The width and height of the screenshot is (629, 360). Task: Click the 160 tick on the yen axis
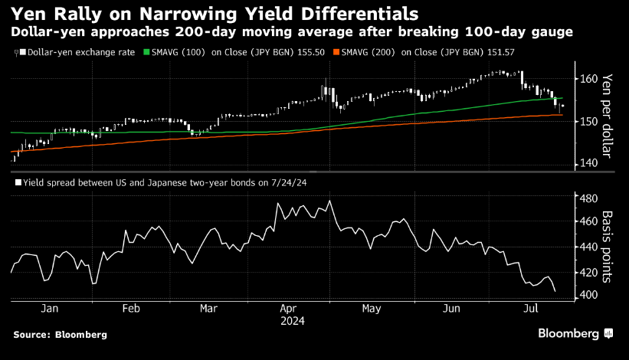click(x=588, y=78)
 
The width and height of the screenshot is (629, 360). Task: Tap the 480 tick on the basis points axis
click(x=588, y=198)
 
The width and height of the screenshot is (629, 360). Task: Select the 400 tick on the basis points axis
click(x=588, y=296)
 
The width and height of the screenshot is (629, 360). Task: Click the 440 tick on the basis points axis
click(x=588, y=247)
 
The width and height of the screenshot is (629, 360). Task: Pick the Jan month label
click(x=50, y=309)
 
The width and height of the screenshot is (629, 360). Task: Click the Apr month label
click(x=288, y=309)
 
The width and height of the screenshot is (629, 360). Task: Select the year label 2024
click(x=292, y=322)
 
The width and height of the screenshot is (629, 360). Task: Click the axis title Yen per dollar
click(x=608, y=115)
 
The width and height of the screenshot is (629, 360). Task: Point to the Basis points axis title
click(x=608, y=244)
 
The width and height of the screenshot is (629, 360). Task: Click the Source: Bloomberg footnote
click(x=60, y=335)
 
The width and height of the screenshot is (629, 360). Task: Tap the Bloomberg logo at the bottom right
click(x=575, y=333)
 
